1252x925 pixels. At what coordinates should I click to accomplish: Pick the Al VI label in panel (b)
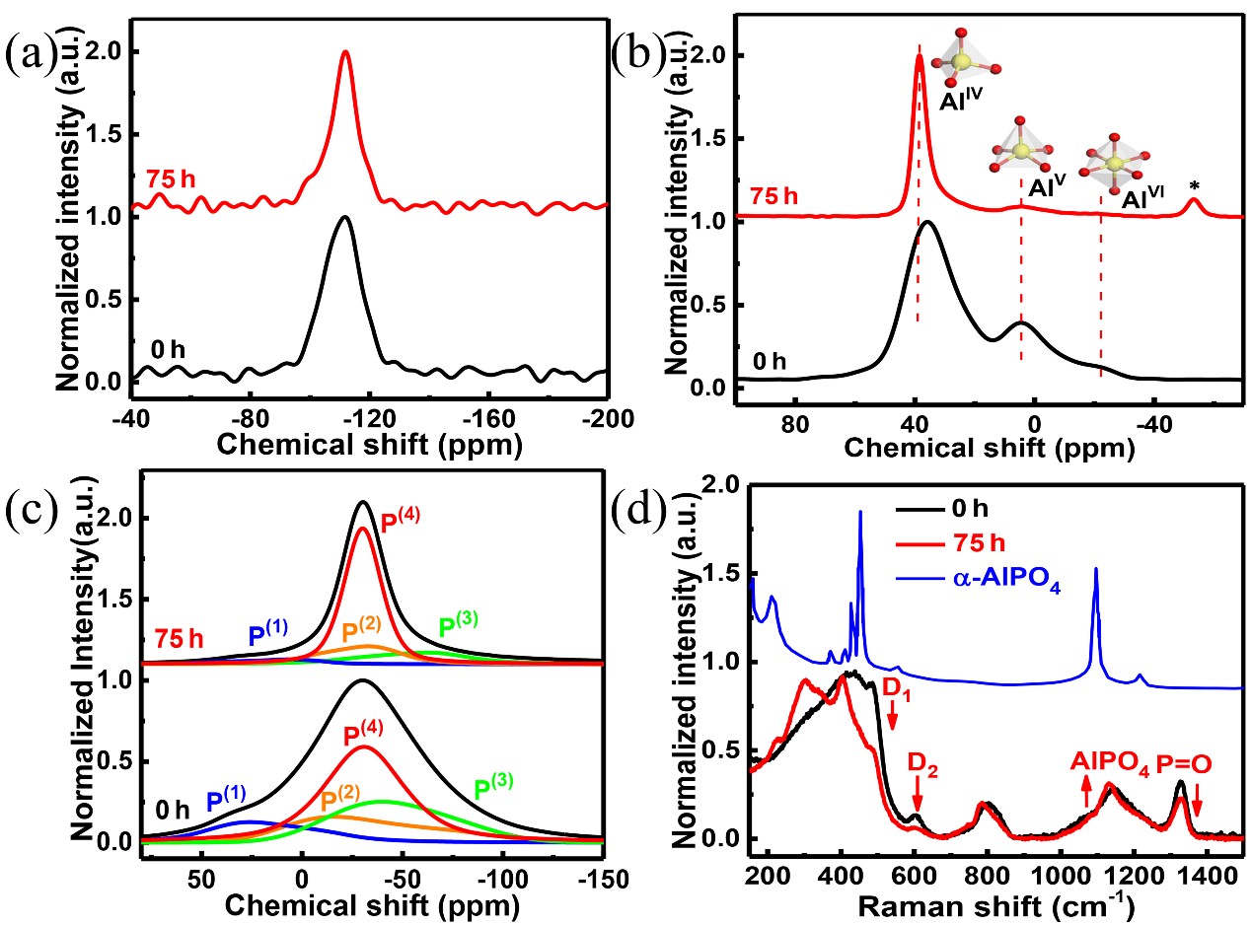coord(1142,198)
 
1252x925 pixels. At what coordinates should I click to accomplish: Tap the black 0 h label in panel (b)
coord(770,361)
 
